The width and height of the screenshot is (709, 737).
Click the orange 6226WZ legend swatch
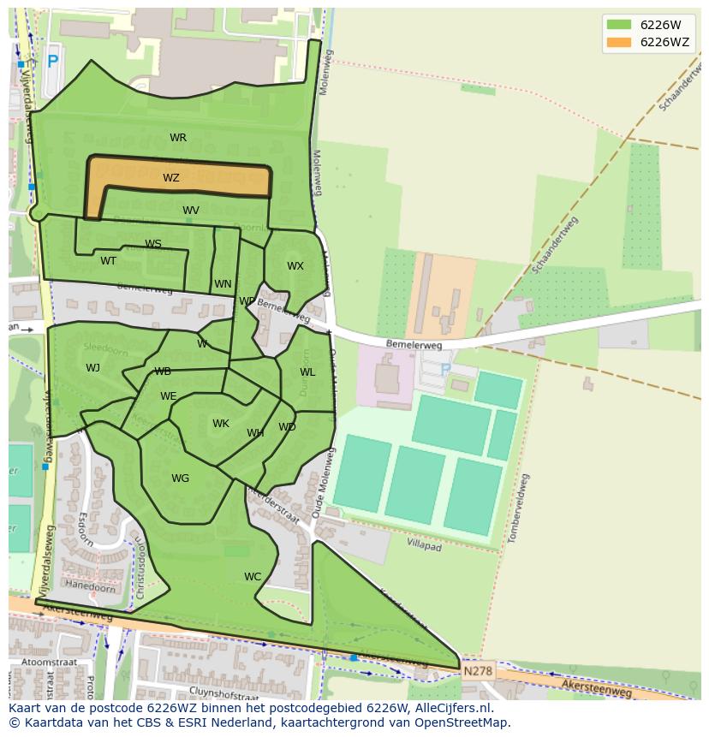pyautogui.click(x=618, y=42)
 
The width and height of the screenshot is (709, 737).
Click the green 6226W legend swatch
pyautogui.click(x=618, y=25)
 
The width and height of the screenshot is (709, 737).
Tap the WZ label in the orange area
pyautogui.click(x=171, y=178)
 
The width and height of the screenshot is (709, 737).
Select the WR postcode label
pyautogui.click(x=178, y=138)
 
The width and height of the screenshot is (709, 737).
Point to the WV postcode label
pyautogui.click(x=191, y=211)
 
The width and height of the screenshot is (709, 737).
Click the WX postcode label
pyautogui.click(x=295, y=266)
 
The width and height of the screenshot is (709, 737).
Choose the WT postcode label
pyautogui.click(x=109, y=261)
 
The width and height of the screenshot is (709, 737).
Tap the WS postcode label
pyautogui.click(x=153, y=244)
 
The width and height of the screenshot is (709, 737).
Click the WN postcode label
pyautogui.click(x=223, y=284)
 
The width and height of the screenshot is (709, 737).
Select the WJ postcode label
pyautogui.click(x=92, y=368)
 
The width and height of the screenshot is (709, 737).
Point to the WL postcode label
pyautogui.click(x=307, y=372)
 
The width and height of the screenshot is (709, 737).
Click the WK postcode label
pyautogui.click(x=221, y=424)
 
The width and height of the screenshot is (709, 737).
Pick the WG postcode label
pyautogui.click(x=180, y=478)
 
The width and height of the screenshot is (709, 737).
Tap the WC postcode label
pyautogui.click(x=253, y=577)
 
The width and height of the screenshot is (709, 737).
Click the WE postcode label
pyautogui.click(x=169, y=396)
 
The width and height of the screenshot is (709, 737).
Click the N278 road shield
pyautogui.click(x=478, y=672)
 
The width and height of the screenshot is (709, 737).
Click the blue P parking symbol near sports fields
pyautogui.click(x=445, y=370)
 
